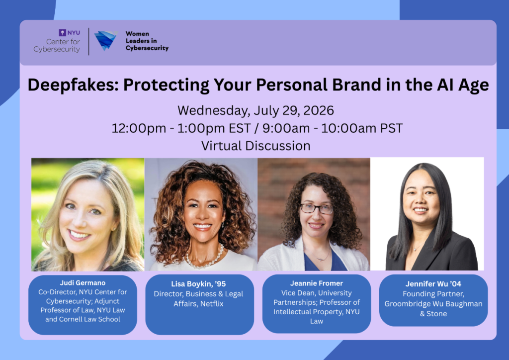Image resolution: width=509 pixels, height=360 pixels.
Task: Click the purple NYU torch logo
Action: (x=62, y=33)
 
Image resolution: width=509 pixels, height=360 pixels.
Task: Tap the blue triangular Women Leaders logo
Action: (x=105, y=40)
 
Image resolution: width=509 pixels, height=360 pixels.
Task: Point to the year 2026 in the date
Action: (x=318, y=110)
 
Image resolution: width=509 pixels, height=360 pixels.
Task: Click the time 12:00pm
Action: (x=139, y=128)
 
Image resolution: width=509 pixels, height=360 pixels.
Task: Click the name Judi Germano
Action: (x=83, y=283)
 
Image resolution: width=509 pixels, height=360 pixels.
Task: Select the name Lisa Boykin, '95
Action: (x=198, y=284)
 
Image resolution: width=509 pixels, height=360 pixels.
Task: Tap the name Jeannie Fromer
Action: (x=317, y=283)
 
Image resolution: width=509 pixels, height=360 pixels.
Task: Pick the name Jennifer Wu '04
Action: (x=433, y=284)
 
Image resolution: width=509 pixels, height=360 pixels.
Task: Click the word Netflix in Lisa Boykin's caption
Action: (x=212, y=304)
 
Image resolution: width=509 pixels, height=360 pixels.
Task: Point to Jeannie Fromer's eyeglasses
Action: (x=316, y=208)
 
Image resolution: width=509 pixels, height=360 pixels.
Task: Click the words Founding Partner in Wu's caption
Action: (x=433, y=294)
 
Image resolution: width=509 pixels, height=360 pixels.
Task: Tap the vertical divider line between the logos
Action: (x=88, y=42)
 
